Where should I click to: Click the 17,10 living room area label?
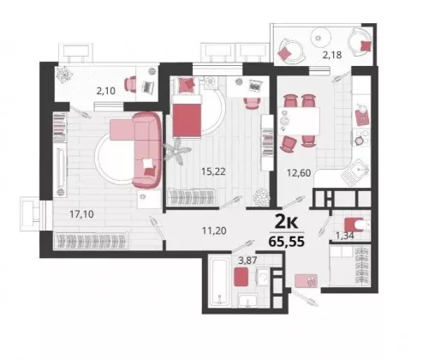(81, 214)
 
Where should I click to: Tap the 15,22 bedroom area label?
(213, 171)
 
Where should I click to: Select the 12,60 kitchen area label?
(299, 173)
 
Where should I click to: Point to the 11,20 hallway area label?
(214, 231)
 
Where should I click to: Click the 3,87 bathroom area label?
(247, 260)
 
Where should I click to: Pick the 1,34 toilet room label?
(345, 236)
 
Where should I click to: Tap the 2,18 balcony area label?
(332, 55)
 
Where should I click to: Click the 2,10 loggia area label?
(106, 91)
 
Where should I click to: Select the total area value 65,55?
(287, 242)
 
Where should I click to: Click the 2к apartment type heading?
(286, 223)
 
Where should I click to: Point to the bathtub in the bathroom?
(219, 281)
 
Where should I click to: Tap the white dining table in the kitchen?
(299, 121)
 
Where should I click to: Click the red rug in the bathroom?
(241, 277)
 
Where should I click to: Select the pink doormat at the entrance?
(306, 280)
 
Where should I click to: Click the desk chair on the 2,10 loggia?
(130, 84)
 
